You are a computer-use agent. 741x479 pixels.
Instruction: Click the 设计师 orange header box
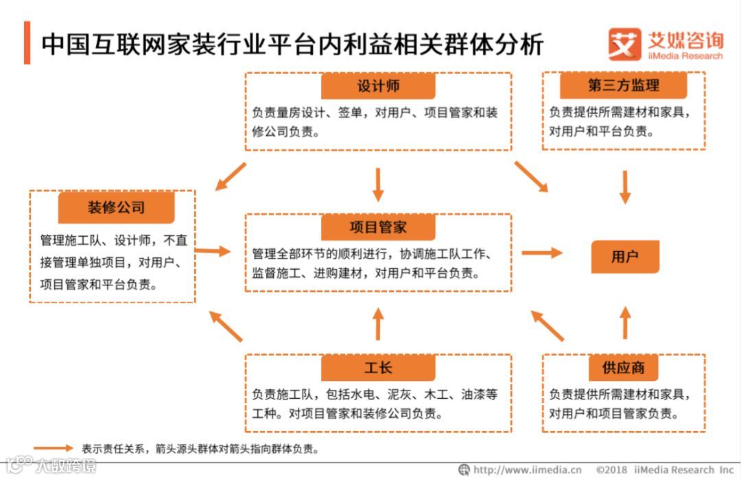click(378, 86)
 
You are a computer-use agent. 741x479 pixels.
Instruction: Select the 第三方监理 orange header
click(624, 85)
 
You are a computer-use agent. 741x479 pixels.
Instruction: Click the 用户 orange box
click(624, 257)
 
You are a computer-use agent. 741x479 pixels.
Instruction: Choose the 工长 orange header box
click(378, 368)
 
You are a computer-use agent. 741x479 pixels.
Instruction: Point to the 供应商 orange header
click(624, 368)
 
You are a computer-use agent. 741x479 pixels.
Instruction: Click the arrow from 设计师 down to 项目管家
click(378, 184)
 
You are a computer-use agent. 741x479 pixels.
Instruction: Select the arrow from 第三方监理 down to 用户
click(624, 186)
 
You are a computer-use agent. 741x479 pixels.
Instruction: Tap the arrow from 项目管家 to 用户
click(541, 253)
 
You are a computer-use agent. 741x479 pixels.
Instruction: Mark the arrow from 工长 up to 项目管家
click(378, 323)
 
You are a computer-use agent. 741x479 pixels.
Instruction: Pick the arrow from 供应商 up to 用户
click(624, 323)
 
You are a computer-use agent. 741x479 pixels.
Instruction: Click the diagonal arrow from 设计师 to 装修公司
click(231, 176)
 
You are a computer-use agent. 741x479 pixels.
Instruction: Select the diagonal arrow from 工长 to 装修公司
click(226, 326)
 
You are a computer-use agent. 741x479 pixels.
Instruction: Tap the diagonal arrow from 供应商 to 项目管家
click(548, 325)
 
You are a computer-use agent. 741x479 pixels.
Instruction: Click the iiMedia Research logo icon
click(624, 44)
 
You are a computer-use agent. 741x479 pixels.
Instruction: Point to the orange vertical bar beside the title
click(27, 43)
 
